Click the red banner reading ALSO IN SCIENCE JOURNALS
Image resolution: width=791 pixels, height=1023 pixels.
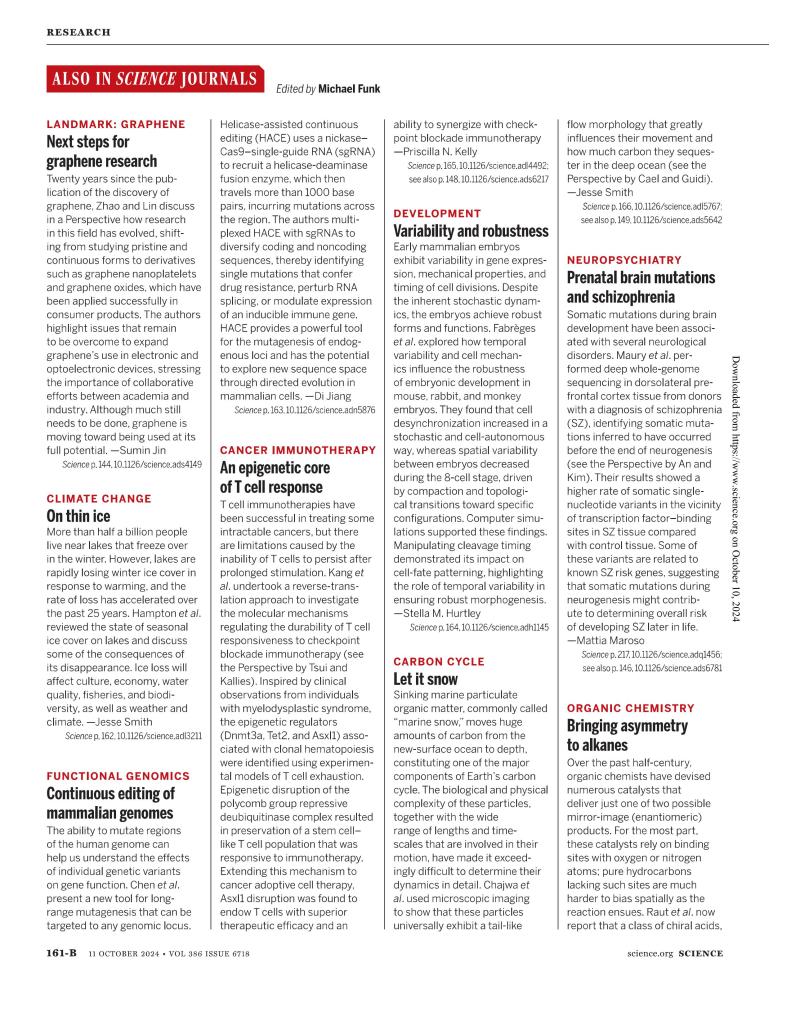click(x=153, y=80)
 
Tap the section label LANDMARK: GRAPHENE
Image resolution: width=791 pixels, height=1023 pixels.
click(x=116, y=124)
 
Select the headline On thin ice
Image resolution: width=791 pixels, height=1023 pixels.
click(x=78, y=517)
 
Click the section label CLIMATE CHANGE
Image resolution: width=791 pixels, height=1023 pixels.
click(x=99, y=498)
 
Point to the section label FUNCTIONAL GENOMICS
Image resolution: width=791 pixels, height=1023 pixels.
click(x=118, y=775)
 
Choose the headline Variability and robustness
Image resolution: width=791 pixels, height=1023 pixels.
click(x=471, y=231)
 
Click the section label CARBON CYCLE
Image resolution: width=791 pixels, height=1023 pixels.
click(x=439, y=661)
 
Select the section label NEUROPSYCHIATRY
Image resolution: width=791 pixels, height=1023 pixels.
click(x=624, y=259)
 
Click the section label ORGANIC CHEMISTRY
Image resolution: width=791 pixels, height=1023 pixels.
click(x=630, y=707)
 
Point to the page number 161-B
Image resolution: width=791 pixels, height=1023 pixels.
click(x=62, y=983)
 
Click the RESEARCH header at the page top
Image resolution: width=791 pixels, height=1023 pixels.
click(x=78, y=33)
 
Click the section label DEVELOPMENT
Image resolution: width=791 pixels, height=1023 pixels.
click(x=437, y=213)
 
